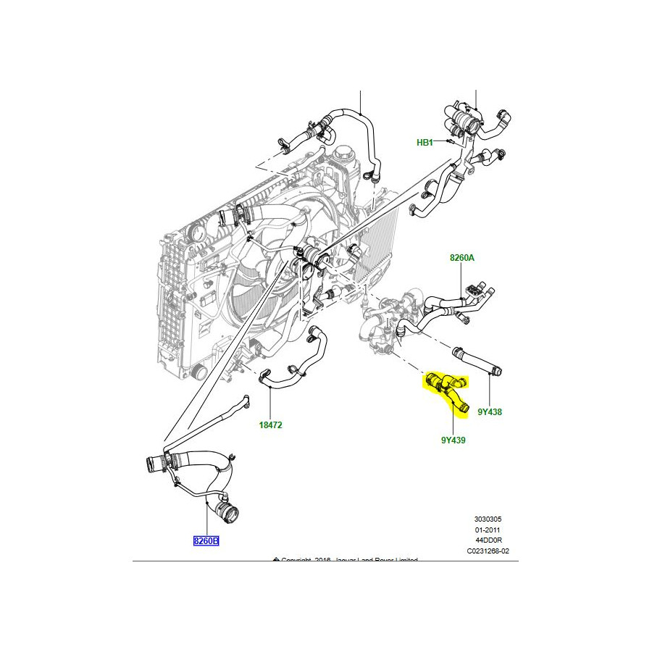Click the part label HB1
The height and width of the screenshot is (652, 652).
tap(425, 143)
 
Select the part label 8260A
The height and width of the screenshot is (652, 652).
tap(461, 258)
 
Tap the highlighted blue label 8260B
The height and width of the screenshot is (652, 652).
tap(206, 540)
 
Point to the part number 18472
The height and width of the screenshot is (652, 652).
tap(271, 425)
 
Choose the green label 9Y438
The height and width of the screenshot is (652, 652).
tap(490, 411)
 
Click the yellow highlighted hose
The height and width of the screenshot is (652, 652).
tap(448, 388)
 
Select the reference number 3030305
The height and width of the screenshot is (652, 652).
tap(488, 519)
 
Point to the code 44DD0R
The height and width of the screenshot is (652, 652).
tap(488, 540)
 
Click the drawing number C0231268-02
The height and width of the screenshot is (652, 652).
tap(488, 551)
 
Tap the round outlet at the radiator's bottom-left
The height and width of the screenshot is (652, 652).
tap(198, 372)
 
